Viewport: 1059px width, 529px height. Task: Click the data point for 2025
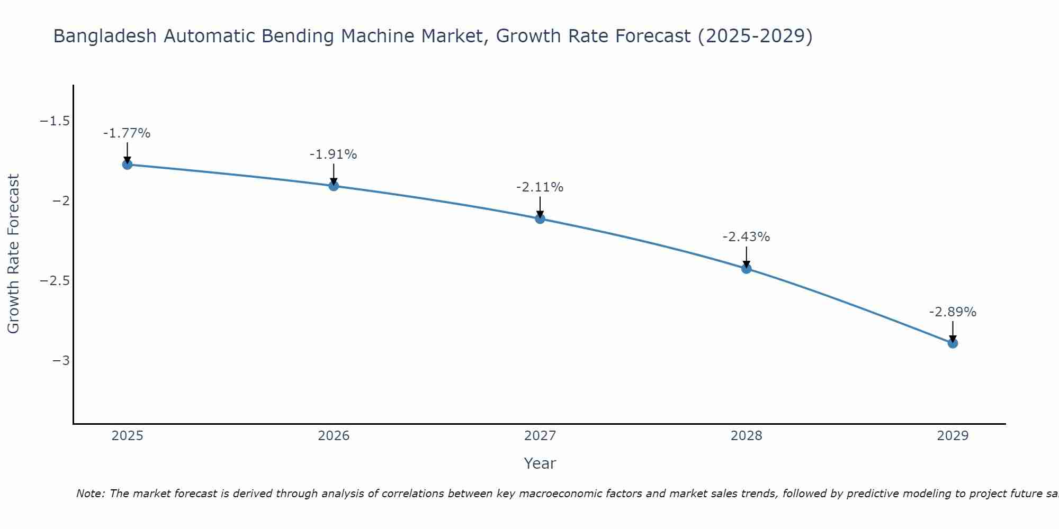point(127,165)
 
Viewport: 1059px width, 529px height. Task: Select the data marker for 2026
point(334,186)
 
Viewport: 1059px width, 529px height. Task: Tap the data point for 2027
point(540,218)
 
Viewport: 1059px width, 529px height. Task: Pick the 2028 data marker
point(747,269)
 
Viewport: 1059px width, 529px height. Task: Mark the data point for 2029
point(953,343)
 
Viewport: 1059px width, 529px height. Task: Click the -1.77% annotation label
point(127,133)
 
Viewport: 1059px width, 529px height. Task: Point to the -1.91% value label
point(333,154)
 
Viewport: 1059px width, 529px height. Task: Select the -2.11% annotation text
point(540,187)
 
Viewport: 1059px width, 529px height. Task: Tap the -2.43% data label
point(746,237)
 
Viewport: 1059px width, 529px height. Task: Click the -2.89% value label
point(953,312)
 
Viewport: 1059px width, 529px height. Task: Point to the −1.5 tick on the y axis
point(55,121)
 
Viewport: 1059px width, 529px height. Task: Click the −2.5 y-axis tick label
point(55,280)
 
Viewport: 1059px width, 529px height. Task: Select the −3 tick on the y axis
point(61,360)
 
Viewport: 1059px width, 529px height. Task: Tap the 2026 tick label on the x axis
point(334,436)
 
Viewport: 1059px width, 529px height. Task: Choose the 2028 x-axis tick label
point(747,436)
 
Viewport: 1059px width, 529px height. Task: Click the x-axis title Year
point(540,463)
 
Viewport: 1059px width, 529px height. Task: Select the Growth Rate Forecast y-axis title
point(13,254)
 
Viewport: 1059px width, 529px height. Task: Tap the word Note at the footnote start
point(89,494)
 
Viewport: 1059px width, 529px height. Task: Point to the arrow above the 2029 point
point(953,331)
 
